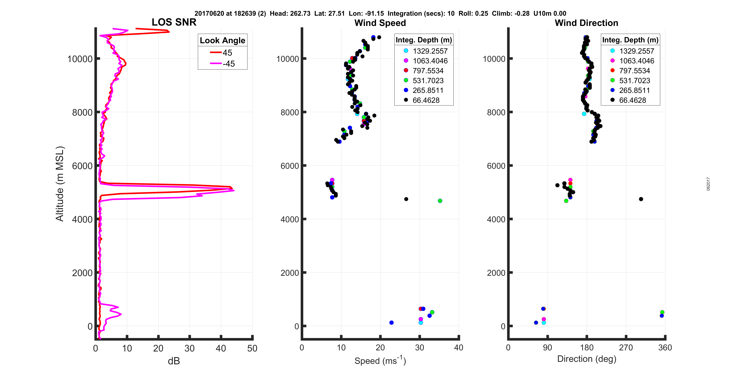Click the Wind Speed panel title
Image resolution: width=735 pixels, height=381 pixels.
click(380, 23)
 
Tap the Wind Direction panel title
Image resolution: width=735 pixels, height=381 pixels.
click(586, 23)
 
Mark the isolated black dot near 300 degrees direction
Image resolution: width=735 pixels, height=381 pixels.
click(641, 199)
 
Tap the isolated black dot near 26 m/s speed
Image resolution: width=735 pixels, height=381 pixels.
click(406, 199)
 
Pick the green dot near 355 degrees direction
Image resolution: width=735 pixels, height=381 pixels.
click(662, 312)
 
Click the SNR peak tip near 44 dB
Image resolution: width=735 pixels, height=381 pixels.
click(234, 190)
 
